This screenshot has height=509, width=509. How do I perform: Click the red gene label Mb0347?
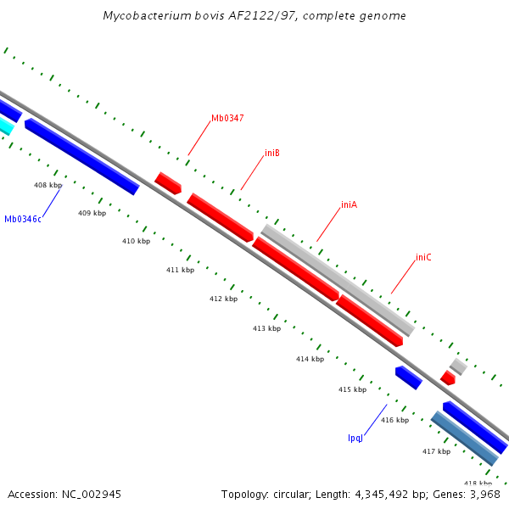pyautogui.click(x=227, y=118)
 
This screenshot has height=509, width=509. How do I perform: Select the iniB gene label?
pyautogui.click(x=272, y=154)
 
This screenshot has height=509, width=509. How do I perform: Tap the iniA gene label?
pyautogui.click(x=349, y=204)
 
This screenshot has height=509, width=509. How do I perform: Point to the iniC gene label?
pyautogui.click(x=423, y=257)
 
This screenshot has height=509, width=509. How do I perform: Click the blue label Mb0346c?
pyautogui.click(x=23, y=219)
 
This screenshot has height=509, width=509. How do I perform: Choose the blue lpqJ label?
pyautogui.click(x=355, y=438)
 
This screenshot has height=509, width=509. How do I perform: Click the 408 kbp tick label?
pyautogui.click(x=48, y=185)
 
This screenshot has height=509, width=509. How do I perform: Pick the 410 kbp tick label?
pyautogui.click(x=136, y=241)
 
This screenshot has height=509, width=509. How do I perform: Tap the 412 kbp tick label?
pyautogui.click(x=223, y=299)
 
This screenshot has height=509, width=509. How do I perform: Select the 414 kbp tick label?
pyautogui.click(x=310, y=359)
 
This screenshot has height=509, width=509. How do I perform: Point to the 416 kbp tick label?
pyautogui.click(x=394, y=420)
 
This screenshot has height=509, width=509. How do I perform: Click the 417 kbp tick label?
pyautogui.click(x=436, y=451)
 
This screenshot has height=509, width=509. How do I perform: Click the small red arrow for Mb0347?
pyautogui.click(x=168, y=182)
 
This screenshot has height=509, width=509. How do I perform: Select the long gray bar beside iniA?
pyautogui.click(x=338, y=280)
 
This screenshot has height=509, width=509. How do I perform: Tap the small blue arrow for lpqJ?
pyautogui.click(x=408, y=378)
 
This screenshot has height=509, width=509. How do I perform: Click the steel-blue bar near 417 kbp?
pyautogui.click(x=464, y=438)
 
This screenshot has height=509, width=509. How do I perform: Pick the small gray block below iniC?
pyautogui.click(x=458, y=366)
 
